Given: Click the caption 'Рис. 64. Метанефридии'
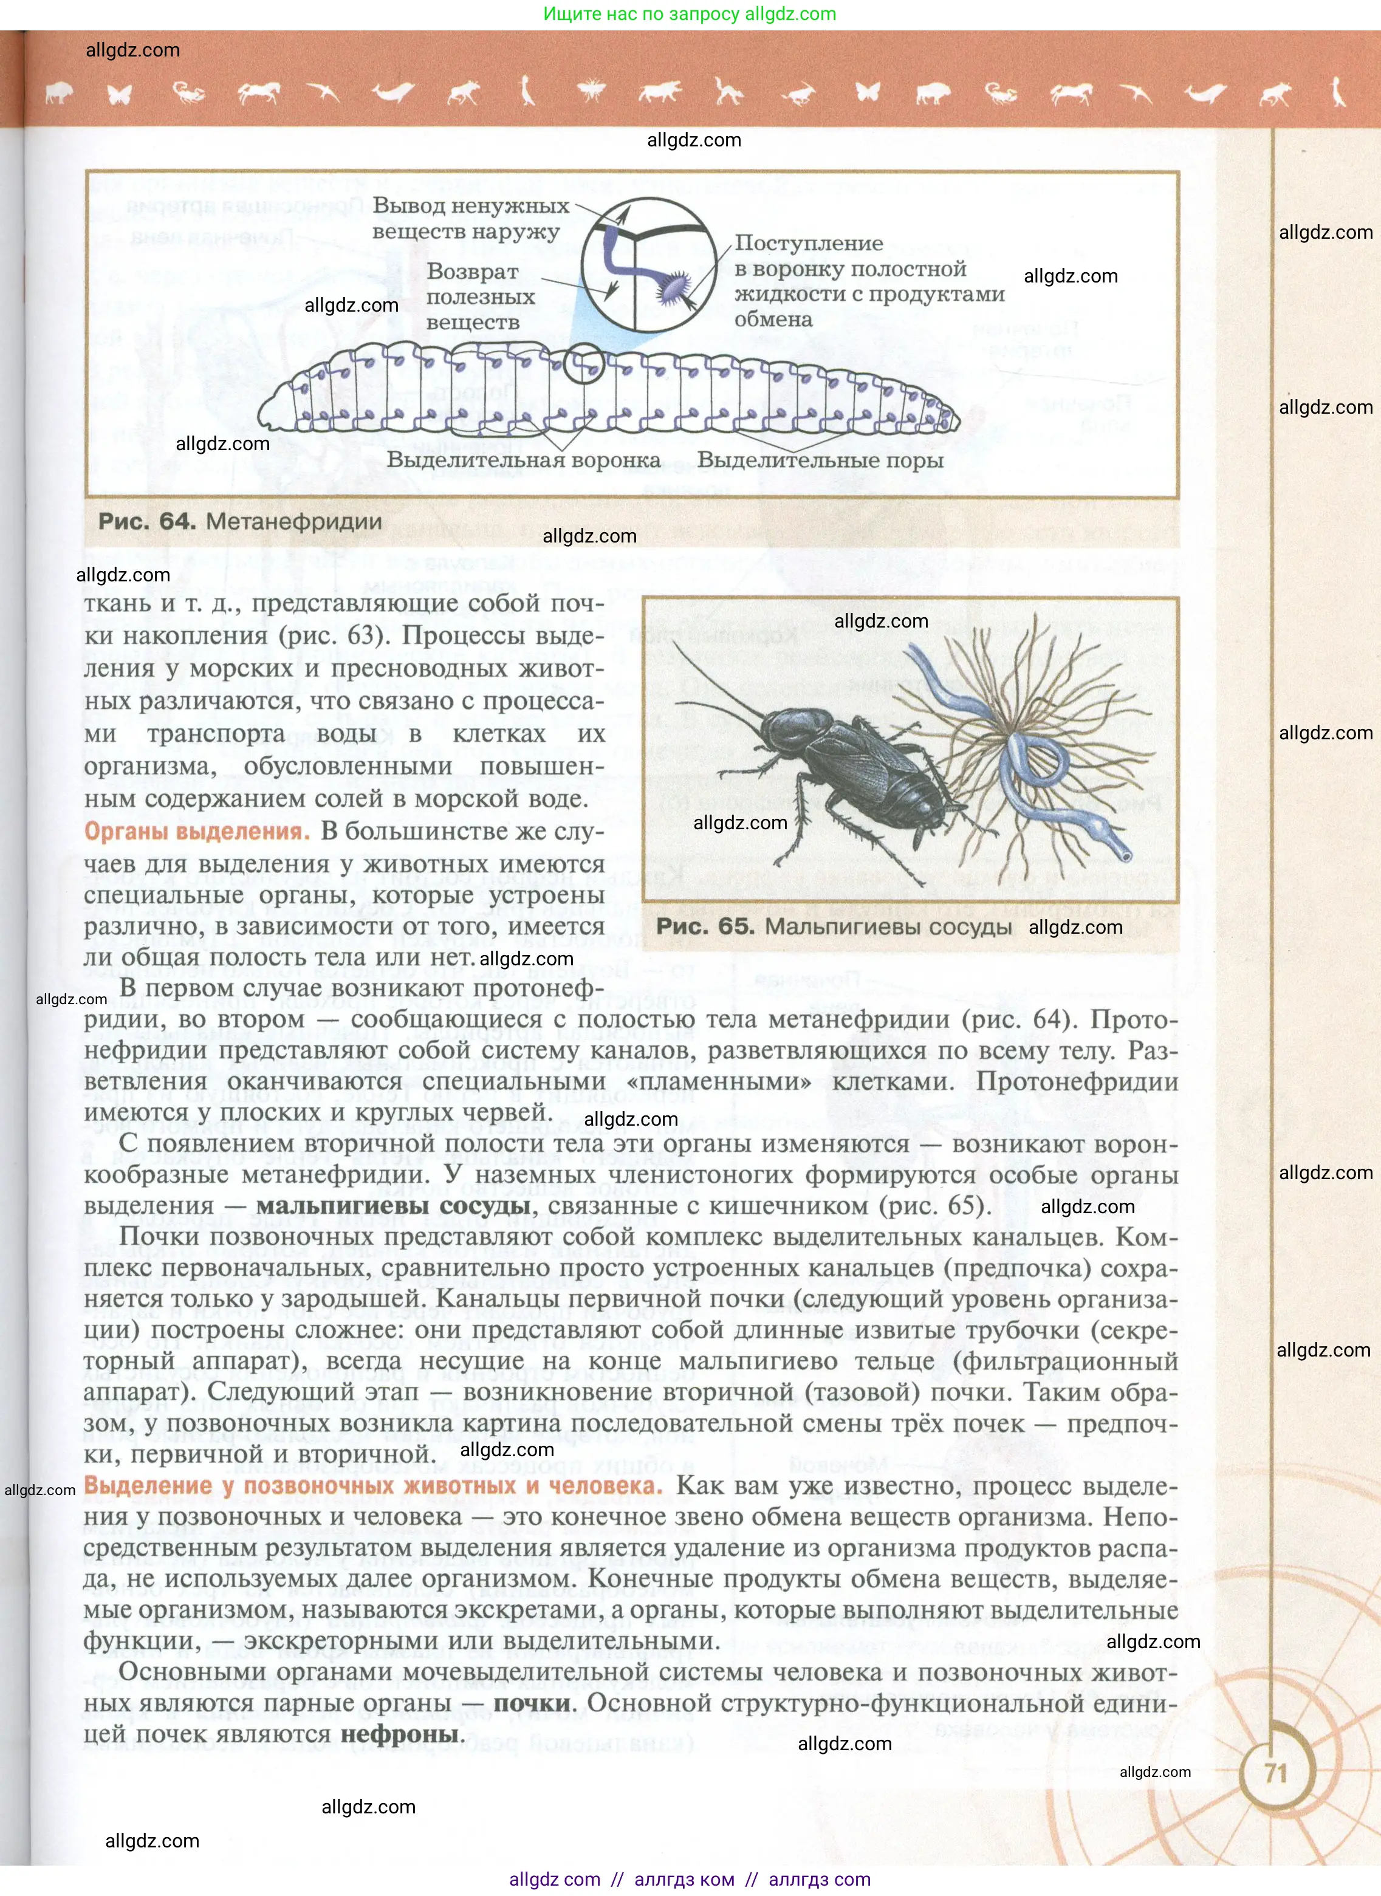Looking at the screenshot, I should pos(240,522).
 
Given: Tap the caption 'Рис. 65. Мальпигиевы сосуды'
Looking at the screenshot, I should pos(834,926).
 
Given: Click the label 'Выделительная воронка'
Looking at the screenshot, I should pos(523,460).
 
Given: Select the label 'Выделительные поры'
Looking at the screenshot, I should pos(820,460).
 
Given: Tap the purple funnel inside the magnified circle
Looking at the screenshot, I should pos(674,286).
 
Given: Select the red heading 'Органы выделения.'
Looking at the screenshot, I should pos(197,831).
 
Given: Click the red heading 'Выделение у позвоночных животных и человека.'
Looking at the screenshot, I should pos(373,1485).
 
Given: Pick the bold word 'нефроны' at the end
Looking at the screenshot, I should pos(400,1734).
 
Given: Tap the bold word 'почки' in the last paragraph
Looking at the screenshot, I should pos(532,1703).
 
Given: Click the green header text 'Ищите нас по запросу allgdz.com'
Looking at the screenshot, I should pos(690,13).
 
